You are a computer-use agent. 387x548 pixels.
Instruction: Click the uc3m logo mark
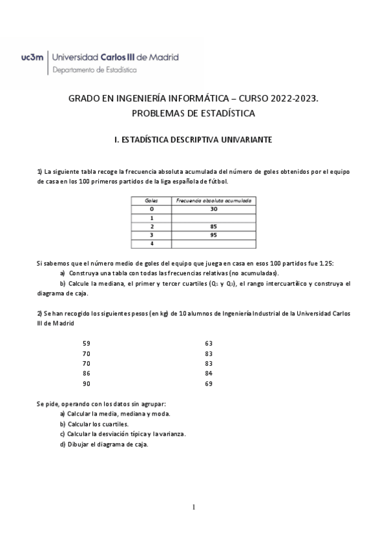(32, 57)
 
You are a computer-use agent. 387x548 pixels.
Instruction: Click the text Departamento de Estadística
(94, 70)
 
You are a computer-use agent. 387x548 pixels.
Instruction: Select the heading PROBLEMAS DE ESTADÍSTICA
(193, 114)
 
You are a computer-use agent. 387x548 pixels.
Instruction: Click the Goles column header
(152, 201)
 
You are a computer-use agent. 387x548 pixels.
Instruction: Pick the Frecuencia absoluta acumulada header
(214, 201)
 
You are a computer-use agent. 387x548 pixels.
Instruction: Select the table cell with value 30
(214, 209)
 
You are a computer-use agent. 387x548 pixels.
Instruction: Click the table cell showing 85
(214, 227)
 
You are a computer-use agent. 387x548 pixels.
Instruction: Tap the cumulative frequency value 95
(214, 235)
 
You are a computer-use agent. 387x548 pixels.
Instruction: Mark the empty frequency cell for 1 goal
(214, 218)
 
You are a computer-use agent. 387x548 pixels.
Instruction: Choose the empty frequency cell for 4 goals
(214, 244)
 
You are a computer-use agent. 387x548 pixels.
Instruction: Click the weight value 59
(87, 343)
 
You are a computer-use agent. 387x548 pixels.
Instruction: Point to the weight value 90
(87, 384)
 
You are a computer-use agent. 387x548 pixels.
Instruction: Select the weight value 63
(208, 343)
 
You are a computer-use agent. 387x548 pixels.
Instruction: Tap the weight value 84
(208, 374)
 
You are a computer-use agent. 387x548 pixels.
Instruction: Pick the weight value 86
(87, 374)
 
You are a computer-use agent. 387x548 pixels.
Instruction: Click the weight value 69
(208, 384)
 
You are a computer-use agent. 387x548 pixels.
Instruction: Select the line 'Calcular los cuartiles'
(94, 424)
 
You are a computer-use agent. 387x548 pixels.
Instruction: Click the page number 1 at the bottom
(193, 507)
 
